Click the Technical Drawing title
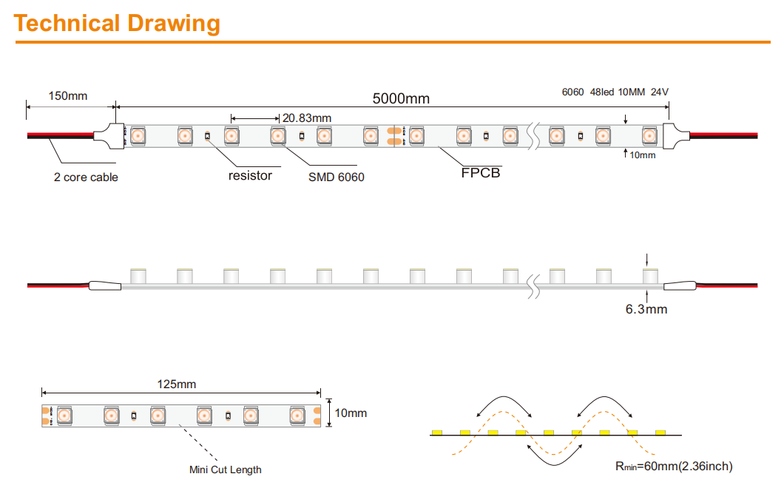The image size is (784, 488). click(x=117, y=24)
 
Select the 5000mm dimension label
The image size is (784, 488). click(x=401, y=98)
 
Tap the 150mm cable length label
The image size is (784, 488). click(x=67, y=95)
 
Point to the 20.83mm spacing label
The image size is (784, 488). click(x=306, y=118)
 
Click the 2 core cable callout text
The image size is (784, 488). click(x=86, y=177)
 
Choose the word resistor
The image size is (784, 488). click(x=250, y=175)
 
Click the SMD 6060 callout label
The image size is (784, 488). click(x=336, y=177)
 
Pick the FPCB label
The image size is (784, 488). click(x=481, y=172)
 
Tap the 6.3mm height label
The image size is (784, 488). click(x=646, y=309)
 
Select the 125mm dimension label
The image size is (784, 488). click(x=177, y=384)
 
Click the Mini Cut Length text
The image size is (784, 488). click(x=225, y=470)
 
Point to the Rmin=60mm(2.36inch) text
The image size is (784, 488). click(x=674, y=466)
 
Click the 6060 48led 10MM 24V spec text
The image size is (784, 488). click(x=615, y=92)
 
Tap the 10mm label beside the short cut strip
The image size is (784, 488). click(x=351, y=413)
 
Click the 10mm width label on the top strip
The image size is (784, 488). click(x=643, y=155)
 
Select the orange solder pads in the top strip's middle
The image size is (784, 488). click(x=394, y=136)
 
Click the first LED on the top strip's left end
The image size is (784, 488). click(x=138, y=136)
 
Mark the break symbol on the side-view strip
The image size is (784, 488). click(x=534, y=286)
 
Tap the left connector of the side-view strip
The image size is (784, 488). click(x=105, y=285)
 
